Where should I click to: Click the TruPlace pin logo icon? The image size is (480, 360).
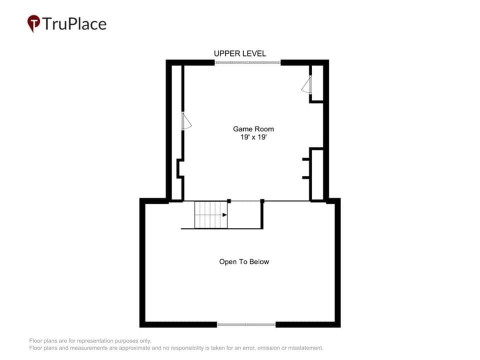33,23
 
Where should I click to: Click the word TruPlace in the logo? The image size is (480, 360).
74,24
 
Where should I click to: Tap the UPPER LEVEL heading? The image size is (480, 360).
240,53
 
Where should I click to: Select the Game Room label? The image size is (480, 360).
253,129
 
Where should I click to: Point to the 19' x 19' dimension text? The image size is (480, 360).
253,137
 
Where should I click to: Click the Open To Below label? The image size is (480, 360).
244,261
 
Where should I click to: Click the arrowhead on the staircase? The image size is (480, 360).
224,215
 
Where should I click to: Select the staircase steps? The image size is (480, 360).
211,214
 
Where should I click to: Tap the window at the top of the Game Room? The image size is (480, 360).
247,63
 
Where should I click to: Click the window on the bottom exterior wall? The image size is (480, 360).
246,324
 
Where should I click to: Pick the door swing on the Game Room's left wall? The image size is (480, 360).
186,121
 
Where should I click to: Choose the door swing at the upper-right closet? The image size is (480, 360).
306,84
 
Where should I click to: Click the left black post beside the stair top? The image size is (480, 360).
229,201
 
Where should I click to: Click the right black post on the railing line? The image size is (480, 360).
262,201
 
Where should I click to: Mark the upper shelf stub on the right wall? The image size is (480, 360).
306,159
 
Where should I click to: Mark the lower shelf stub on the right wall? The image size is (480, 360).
306,177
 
